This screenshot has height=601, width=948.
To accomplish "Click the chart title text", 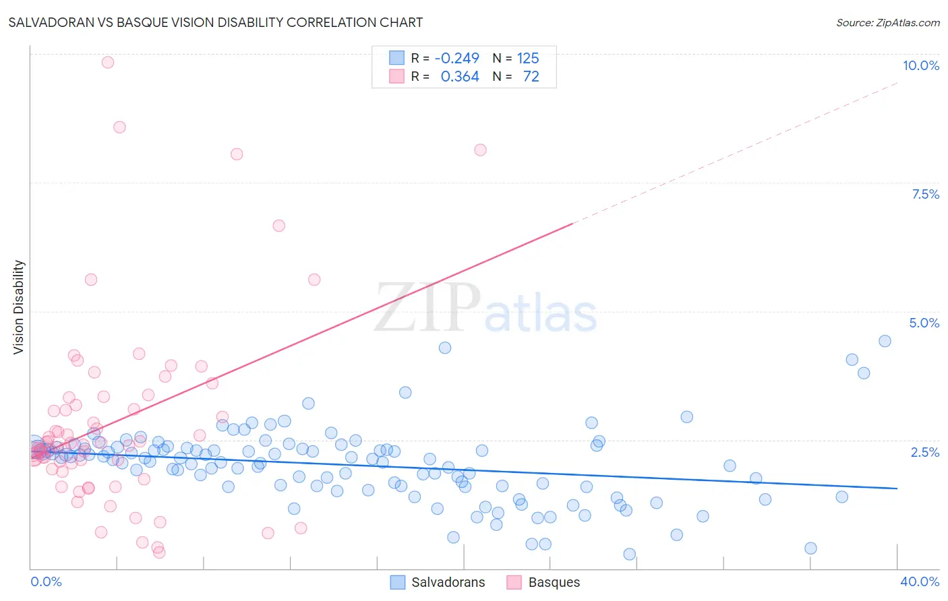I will tap(216, 22).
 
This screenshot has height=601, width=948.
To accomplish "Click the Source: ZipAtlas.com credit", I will tap(887, 23).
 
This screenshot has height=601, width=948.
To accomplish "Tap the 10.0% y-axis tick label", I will tap(920, 65).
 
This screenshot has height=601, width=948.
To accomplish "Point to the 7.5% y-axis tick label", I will tap(925, 194).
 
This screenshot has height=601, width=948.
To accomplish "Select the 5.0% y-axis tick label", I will tap(924, 323).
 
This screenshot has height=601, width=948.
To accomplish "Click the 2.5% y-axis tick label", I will tap(924, 452).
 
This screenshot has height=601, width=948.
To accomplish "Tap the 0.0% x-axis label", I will tap(46, 581).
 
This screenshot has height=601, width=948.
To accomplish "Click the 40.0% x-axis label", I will tap(919, 581).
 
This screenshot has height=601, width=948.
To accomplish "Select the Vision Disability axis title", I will tap(19, 307).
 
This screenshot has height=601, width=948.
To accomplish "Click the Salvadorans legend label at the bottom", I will tap(448, 582).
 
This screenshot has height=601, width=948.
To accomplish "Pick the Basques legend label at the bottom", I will tap(554, 582).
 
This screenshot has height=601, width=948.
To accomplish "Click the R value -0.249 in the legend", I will tap(456, 58).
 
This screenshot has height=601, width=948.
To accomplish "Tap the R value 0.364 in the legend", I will tap(460, 77).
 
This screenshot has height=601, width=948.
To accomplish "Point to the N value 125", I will tap(528, 58).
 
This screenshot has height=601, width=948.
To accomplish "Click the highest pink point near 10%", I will tap(108, 62).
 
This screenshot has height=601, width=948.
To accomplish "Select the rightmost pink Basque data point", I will tap(480, 150).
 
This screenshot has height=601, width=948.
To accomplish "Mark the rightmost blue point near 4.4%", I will tap(885, 341).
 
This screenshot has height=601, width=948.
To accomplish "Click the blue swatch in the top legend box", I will tap(396, 58).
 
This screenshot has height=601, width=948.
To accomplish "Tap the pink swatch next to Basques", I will tap(514, 582).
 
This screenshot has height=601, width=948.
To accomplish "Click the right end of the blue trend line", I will tap(897, 488).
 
